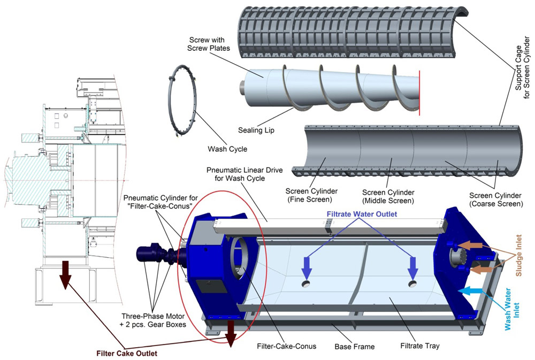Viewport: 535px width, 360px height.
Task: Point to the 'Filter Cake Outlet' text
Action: (x=126, y=353)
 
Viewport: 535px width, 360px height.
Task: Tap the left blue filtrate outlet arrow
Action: (x=306, y=266)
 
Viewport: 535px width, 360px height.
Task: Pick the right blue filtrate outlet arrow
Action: (x=412, y=266)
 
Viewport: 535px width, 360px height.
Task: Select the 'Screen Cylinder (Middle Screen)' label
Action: (x=388, y=196)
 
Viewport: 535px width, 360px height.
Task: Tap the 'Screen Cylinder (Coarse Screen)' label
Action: (x=494, y=199)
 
